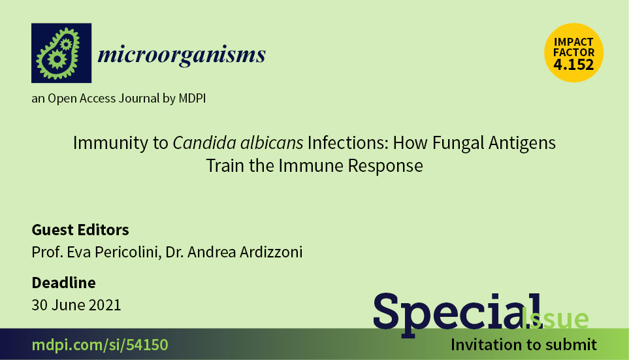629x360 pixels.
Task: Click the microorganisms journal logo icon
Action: pyautogui.click(x=61, y=53)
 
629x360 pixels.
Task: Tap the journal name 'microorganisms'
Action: pyautogui.click(x=182, y=55)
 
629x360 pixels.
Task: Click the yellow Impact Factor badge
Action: pyautogui.click(x=573, y=52)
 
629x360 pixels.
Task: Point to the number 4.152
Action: pyautogui.click(x=573, y=65)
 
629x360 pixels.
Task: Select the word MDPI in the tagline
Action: pyautogui.click(x=192, y=98)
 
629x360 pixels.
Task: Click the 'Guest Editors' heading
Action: pyautogui.click(x=80, y=230)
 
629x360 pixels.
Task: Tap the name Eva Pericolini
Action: pyautogui.click(x=112, y=252)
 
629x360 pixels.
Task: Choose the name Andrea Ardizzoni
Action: pyautogui.click(x=245, y=252)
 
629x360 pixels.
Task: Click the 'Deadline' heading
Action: pyautogui.click(x=64, y=283)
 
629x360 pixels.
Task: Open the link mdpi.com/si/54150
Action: pyautogui.click(x=100, y=345)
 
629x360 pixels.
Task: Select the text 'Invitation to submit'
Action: pyautogui.click(x=523, y=345)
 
